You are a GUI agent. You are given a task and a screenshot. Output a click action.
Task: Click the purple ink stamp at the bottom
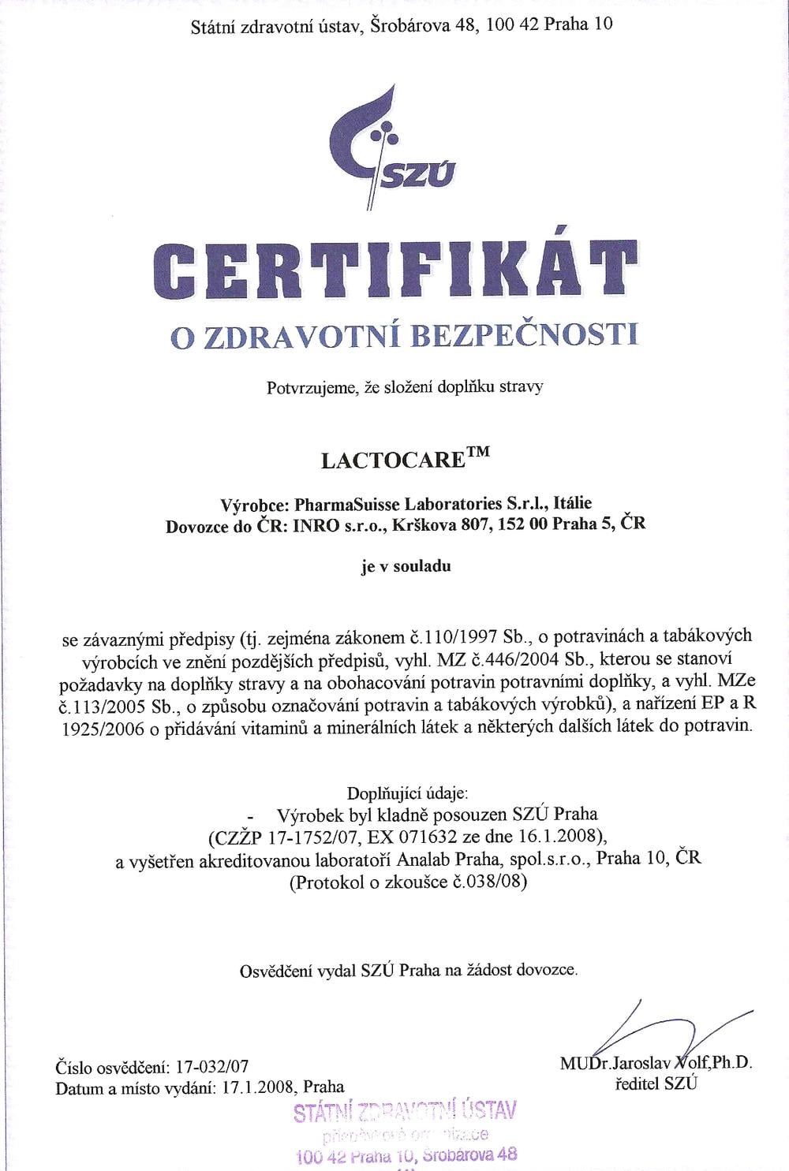pyautogui.click(x=405, y=1136)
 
